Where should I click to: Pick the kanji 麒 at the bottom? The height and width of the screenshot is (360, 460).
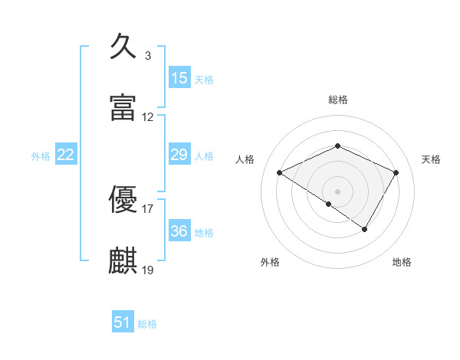(123, 260)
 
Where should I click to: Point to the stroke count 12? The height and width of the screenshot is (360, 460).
(148, 117)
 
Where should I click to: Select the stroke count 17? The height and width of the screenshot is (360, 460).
(148, 208)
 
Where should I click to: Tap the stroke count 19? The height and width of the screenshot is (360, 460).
(148, 270)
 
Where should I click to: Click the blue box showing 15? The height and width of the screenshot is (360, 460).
(179, 78)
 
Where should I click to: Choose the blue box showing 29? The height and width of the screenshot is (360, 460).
(179, 155)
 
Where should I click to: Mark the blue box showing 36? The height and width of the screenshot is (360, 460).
(179, 231)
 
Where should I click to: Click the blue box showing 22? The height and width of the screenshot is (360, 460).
(67, 155)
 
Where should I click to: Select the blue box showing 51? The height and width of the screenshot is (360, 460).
(123, 322)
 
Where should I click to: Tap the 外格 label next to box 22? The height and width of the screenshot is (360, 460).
(41, 156)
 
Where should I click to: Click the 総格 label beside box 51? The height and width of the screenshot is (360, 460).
(147, 324)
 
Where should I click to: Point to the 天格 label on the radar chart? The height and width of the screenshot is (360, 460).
(431, 159)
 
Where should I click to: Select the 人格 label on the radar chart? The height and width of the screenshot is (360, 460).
(245, 159)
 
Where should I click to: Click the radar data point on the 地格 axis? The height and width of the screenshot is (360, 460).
(365, 229)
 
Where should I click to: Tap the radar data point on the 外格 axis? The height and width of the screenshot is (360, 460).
(329, 204)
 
